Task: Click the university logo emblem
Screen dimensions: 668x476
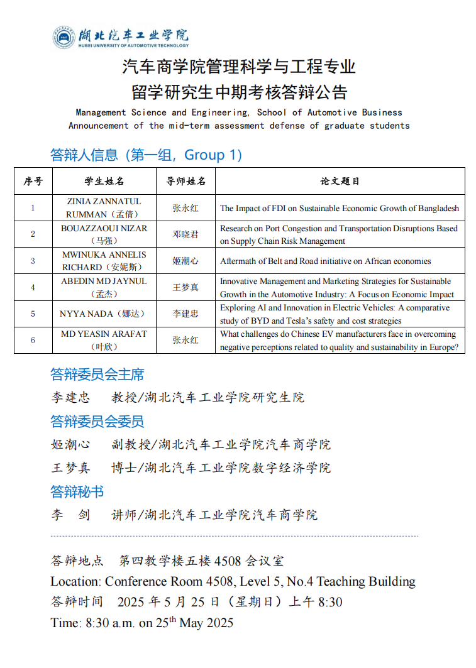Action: coord(64,37)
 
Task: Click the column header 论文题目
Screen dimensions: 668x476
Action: coord(340,181)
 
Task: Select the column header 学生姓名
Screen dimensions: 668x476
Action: coord(104,181)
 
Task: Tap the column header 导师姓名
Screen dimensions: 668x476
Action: coord(185,181)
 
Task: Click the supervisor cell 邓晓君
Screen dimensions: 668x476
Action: coord(185,234)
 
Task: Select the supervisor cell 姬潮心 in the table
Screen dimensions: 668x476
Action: coord(185,261)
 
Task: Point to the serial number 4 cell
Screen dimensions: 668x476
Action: coord(33,287)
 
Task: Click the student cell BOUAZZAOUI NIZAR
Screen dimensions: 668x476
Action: coord(104,229)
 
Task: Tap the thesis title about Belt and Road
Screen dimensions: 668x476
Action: coord(325,261)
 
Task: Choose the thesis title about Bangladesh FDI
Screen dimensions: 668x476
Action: coord(339,208)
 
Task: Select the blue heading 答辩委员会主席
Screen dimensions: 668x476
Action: coord(97,375)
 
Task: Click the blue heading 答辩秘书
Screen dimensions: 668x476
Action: coord(77,491)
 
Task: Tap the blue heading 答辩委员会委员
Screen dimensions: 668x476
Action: coord(97,421)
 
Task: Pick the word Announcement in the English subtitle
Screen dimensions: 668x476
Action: coord(98,126)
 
